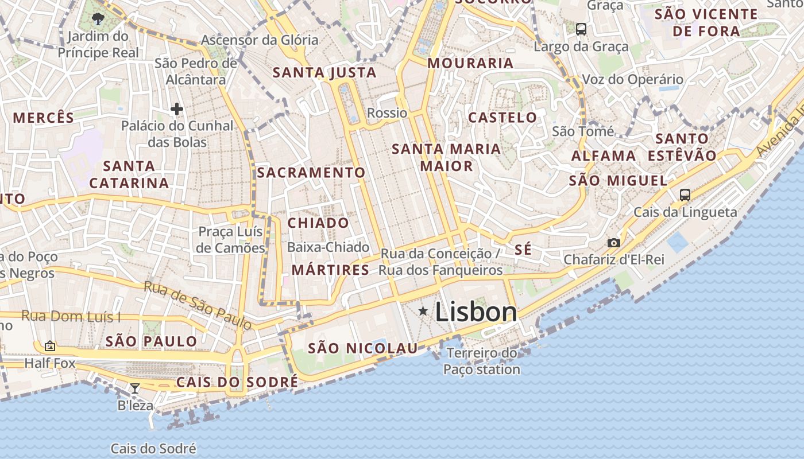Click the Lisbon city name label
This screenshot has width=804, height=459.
tap(476, 312)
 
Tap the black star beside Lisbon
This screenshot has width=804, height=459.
tap(423, 311)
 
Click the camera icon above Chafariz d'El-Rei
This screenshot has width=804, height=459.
tap(614, 243)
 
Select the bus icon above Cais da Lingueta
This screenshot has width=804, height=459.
tap(685, 195)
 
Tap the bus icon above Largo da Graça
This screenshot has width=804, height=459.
tap(581, 29)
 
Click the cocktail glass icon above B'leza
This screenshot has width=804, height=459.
tap(135, 388)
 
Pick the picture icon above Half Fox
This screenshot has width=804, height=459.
tap(50, 346)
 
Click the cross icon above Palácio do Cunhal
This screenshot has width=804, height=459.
tap(176, 108)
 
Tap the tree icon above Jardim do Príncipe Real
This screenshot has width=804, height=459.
tap(98, 19)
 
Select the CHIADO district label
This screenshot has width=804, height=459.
tap(318, 223)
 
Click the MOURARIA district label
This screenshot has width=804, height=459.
tap(470, 63)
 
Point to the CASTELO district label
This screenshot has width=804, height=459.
tap(502, 118)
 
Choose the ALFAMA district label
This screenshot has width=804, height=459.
tap(604, 155)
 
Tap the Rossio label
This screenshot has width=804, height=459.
tap(387, 112)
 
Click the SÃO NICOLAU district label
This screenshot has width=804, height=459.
tap(363, 348)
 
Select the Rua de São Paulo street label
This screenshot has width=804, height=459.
tap(198, 305)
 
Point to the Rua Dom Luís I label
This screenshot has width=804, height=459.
tap(71, 316)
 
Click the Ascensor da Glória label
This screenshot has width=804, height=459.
tap(260, 40)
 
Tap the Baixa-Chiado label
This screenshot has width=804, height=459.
tap(328, 247)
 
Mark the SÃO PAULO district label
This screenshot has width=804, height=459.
tap(152, 341)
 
